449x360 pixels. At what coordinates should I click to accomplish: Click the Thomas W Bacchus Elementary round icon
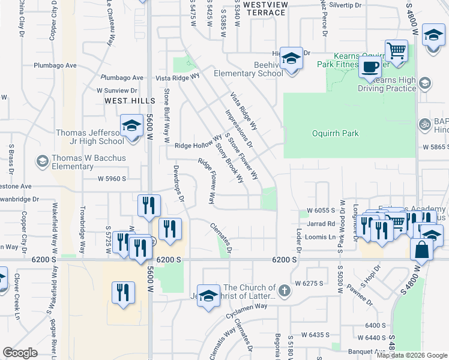coord(42,160)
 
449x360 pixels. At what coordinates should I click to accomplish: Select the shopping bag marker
coord(422,249)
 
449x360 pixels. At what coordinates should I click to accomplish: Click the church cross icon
coord(285,292)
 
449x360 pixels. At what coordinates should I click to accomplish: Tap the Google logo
coord(20,352)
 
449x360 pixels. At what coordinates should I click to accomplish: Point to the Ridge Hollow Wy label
coord(198,145)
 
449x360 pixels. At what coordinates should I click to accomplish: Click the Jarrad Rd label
coord(321,223)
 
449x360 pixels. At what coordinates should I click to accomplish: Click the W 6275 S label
coord(309,283)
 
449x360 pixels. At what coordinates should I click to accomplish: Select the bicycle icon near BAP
coord(425,124)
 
